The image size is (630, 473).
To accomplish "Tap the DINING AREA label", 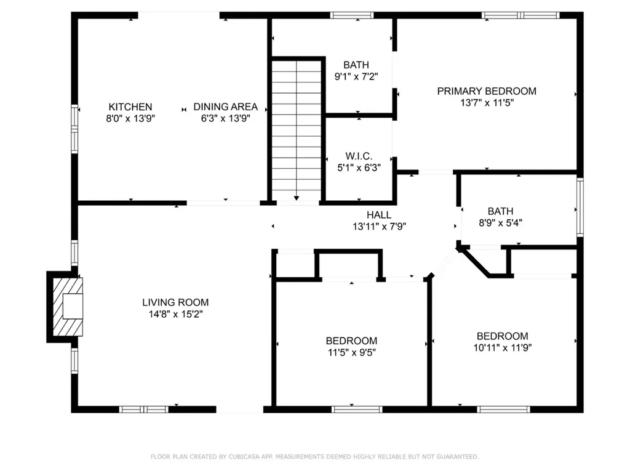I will [x=225, y=107].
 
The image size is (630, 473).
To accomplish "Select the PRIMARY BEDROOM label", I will [x=487, y=91].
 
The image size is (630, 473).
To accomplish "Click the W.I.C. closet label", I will [x=358, y=156].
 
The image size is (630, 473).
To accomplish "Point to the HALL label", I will [x=379, y=215].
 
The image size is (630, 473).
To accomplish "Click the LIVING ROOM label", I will [x=175, y=302].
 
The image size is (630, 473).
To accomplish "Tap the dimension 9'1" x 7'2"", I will [x=356, y=77].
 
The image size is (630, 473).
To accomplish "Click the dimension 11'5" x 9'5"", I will [x=351, y=353].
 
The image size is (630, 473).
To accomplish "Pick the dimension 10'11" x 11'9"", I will [x=503, y=347].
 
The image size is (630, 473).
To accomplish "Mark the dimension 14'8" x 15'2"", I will [x=175, y=314].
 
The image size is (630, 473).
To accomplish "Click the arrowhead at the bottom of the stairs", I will [x=297, y=198].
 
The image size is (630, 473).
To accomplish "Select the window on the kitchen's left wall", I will [x=74, y=128].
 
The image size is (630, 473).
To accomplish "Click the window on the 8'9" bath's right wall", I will [x=579, y=207].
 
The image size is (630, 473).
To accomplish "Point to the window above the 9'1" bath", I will [x=352, y=15].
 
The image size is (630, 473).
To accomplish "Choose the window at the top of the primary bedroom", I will [x=520, y=15].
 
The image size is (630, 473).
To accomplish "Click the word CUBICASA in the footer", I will [x=245, y=456].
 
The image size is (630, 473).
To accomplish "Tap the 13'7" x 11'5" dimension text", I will [x=487, y=103].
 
